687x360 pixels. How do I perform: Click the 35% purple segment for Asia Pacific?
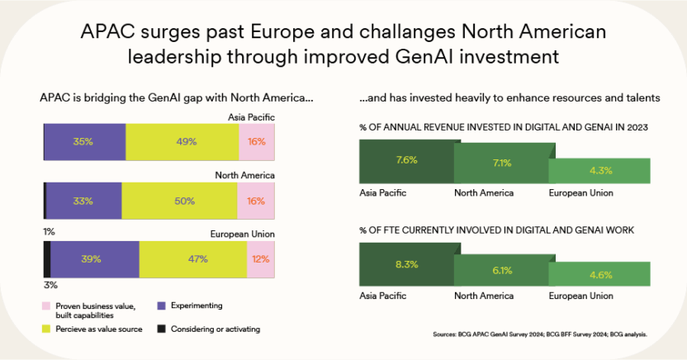click(x=83, y=142)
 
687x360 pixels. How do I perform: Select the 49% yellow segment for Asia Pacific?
click(x=185, y=142)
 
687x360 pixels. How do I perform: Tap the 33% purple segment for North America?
click(x=83, y=201)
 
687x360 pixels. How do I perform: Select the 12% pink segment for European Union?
click(x=260, y=259)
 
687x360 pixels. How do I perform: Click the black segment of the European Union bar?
click(x=47, y=259)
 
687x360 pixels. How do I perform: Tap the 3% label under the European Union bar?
click(x=50, y=285)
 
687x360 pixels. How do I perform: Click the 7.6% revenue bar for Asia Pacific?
click(x=406, y=161)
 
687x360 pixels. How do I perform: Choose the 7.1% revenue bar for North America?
click(x=501, y=163)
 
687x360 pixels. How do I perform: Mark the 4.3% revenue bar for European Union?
click(x=599, y=170)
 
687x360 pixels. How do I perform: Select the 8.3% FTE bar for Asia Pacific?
click(x=406, y=265)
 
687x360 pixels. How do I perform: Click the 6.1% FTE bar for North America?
click(x=501, y=269)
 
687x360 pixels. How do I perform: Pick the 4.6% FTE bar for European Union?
click(x=599, y=273)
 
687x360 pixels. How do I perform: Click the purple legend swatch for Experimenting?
click(x=162, y=306)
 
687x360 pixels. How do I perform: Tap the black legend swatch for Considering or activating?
click(x=162, y=329)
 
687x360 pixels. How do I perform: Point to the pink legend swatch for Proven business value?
click(x=46, y=306)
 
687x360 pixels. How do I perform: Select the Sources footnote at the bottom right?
click(x=540, y=334)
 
